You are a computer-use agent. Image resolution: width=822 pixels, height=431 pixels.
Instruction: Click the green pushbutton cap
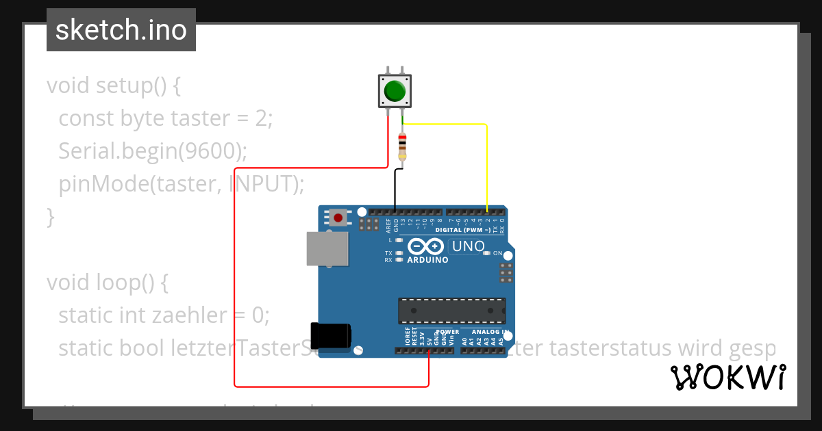[395, 90]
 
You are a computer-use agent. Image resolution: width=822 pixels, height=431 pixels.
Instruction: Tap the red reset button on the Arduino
[338, 218]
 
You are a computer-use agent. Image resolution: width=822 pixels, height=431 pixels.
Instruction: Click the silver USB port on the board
[326, 248]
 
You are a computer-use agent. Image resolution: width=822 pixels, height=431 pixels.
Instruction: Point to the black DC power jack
[331, 335]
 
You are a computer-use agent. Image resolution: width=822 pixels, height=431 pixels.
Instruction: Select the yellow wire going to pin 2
[486, 164]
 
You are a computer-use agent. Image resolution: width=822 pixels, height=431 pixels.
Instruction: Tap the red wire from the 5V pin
[235, 274]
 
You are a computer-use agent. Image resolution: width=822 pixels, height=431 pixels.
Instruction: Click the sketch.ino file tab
[121, 30]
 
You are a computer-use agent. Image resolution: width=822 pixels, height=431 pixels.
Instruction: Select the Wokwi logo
[727, 377]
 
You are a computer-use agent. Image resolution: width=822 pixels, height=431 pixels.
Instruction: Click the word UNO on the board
[469, 246]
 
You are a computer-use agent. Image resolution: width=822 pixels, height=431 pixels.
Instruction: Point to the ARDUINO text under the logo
[427, 260]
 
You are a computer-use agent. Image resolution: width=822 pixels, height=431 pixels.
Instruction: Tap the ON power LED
[486, 253]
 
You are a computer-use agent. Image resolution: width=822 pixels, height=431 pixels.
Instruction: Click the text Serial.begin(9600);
[153, 151]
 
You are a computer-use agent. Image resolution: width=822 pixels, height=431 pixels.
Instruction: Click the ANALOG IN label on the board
[490, 332]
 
